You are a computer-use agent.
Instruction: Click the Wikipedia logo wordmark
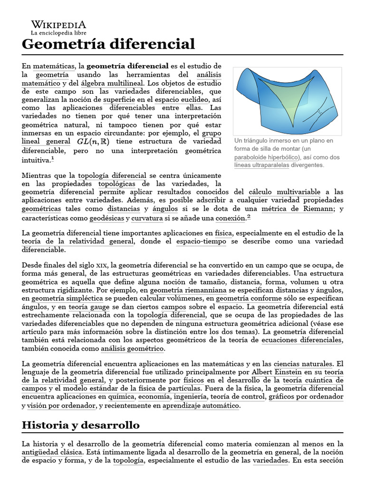coord(58,24)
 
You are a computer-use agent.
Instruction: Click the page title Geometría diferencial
coord(108,44)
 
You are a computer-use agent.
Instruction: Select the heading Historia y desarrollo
coord(81,425)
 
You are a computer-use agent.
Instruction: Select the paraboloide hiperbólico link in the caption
coord(267,157)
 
